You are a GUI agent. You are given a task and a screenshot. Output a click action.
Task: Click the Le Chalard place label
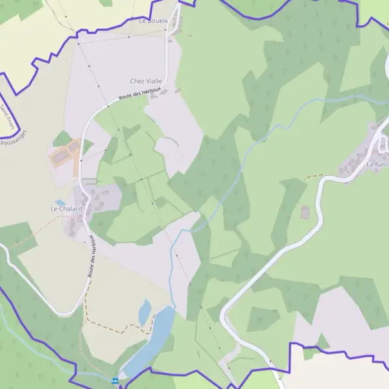(x=66, y=209)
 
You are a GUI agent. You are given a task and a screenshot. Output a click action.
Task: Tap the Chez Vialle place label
(x=146, y=81)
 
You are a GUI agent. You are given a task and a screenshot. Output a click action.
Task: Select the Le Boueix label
(x=153, y=21)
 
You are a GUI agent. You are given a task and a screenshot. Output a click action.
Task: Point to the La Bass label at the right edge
(x=377, y=165)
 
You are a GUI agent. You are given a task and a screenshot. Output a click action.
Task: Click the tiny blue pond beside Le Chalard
(x=60, y=203)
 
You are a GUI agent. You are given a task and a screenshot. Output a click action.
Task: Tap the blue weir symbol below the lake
(x=115, y=380)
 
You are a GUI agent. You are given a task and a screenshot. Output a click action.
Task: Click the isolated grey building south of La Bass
(x=305, y=212)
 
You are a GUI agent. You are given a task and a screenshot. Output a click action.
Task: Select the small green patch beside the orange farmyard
(x=62, y=138)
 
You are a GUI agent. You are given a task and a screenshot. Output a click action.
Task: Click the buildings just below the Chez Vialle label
(x=159, y=93)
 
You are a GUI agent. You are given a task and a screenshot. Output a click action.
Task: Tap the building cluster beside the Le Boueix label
(x=176, y=25)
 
